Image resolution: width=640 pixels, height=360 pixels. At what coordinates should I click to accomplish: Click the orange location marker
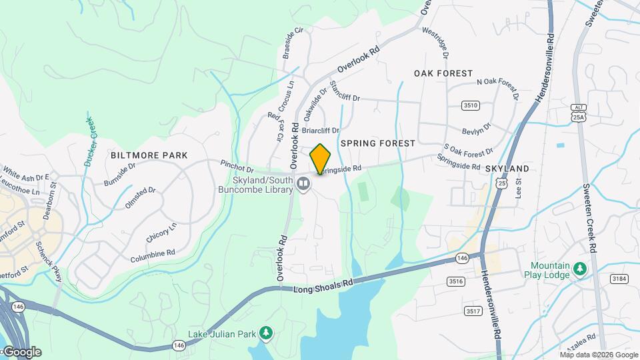(321, 159)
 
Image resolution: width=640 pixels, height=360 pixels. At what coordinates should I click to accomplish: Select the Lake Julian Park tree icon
(266, 333)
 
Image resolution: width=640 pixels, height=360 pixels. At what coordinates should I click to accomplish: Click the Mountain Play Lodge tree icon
(580, 269)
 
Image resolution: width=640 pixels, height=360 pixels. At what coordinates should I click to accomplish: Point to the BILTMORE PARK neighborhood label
(149, 155)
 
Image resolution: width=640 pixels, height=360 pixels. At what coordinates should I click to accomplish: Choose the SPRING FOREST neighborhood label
(377, 143)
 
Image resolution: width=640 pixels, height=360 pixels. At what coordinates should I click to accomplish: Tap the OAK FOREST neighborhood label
(443, 73)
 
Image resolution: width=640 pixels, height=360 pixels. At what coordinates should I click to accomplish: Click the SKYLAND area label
(507, 169)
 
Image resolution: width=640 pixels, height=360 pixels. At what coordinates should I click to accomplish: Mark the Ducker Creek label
(89, 141)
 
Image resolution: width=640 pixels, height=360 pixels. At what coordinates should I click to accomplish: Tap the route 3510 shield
(471, 105)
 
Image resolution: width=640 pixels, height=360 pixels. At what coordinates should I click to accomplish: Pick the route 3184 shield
(619, 278)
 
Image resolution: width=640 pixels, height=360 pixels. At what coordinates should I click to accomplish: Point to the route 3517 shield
(473, 311)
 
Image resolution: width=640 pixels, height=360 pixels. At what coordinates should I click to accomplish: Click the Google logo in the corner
(22, 352)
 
